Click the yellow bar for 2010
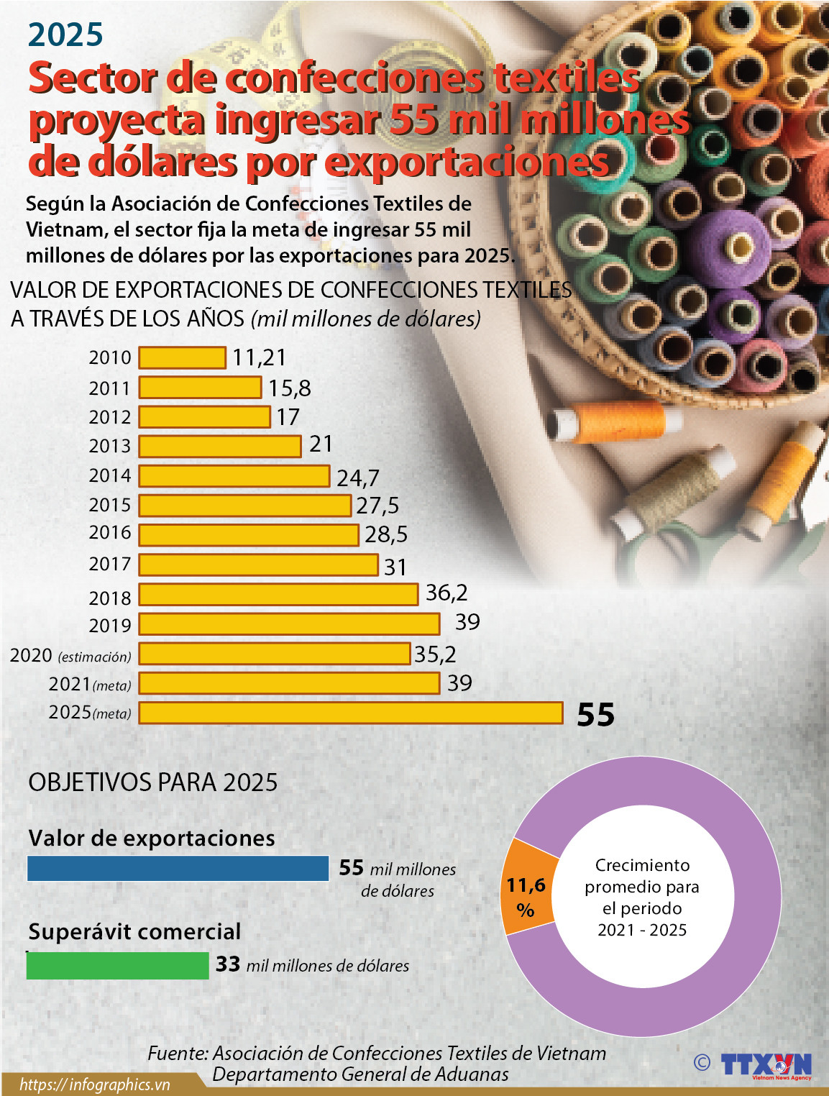[x=182, y=357]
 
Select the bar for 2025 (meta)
[x=350, y=713]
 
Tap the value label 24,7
[x=357, y=478]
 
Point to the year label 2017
[x=110, y=564]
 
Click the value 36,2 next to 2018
[x=446, y=593]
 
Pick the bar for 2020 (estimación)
[x=274, y=654]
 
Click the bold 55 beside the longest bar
[x=595, y=715]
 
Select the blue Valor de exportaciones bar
[x=178, y=868]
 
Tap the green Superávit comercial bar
[x=117, y=965]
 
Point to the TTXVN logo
[x=766, y=1065]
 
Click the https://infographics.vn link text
[x=94, y=1084]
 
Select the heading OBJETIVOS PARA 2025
[x=152, y=782]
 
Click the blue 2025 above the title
[x=65, y=35]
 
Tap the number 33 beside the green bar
[x=228, y=964]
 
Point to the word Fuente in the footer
[x=178, y=1054]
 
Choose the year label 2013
[x=110, y=446]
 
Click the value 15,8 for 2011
[x=290, y=388]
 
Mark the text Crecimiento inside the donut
[x=642, y=865]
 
